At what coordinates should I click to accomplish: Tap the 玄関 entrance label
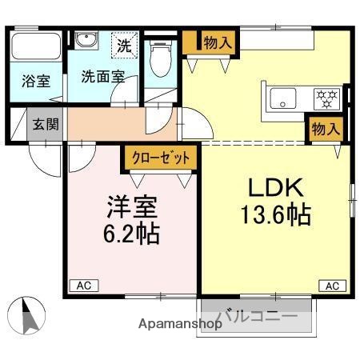pos(44,123)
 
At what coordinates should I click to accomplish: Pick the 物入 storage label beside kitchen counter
pos(326,128)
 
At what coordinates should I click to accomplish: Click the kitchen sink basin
pos(283,99)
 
